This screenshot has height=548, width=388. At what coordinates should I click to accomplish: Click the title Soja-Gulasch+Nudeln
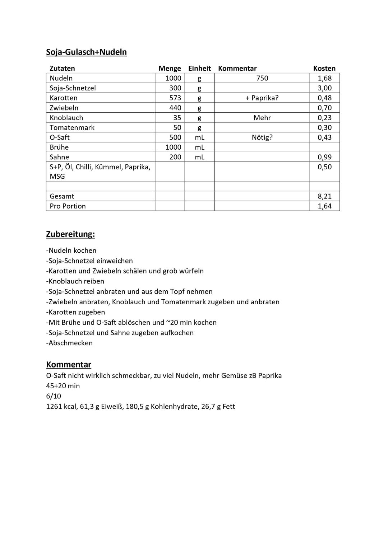pos(86,52)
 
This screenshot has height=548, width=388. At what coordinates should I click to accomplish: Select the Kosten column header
pos(324,69)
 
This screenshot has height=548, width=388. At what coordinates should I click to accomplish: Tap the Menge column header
pos(170,69)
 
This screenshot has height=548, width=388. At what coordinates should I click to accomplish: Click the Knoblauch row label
pos(66,118)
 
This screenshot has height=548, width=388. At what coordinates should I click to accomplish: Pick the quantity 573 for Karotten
pos(175,98)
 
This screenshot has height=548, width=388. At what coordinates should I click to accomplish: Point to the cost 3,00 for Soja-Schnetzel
pos(324,88)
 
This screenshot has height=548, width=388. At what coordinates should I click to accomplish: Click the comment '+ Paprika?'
pos(262,98)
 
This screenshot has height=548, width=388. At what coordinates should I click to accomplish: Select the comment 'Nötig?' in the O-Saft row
pos(262,137)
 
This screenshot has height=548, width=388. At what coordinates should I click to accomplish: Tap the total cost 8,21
pos(324,196)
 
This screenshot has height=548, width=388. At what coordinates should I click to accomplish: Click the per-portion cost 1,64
pos(324,206)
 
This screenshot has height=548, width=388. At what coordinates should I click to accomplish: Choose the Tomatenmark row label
pos(72,128)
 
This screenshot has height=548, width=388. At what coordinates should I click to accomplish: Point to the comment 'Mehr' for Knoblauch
pos(262,118)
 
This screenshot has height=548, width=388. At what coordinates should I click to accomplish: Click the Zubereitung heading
pos(70,234)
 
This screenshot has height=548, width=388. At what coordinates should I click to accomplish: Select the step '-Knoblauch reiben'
pos(75,281)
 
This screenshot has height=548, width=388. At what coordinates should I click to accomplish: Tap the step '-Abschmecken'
pos(69,343)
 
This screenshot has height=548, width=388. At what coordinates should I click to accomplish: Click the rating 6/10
pos(54,396)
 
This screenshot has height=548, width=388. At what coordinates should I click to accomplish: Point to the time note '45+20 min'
pos(63,386)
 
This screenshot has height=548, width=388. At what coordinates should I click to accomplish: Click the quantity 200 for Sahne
pos(175,157)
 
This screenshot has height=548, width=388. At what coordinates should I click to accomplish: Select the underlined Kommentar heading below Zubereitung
pos(69,365)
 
